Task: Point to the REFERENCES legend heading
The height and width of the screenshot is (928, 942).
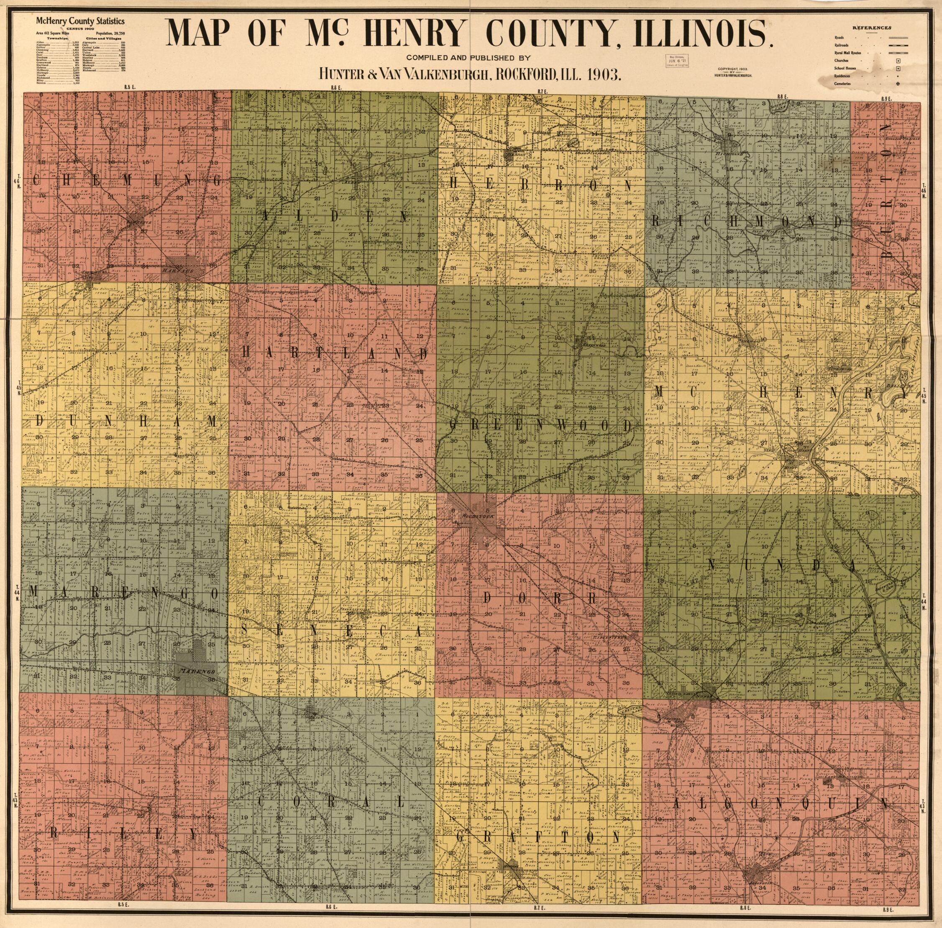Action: click(872, 28)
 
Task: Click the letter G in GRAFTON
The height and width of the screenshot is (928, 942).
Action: click(461, 837)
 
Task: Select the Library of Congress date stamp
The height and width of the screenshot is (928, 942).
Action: click(678, 62)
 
